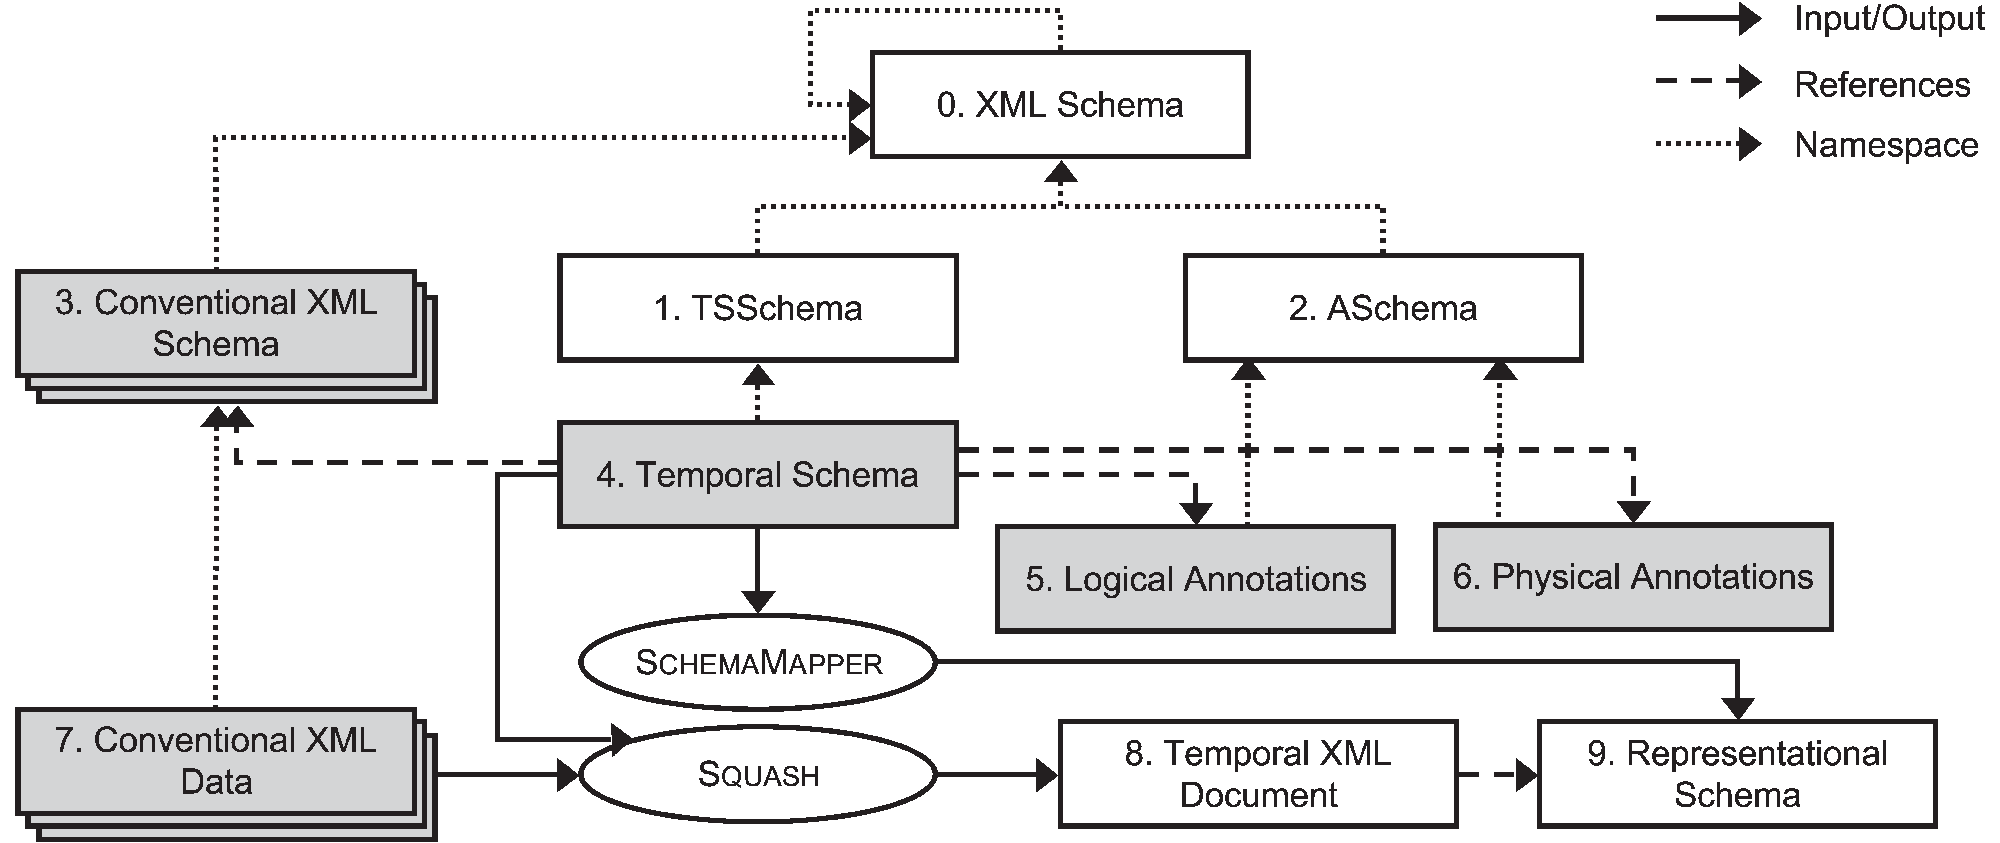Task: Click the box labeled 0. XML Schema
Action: [x=1060, y=105]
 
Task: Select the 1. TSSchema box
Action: [x=758, y=308]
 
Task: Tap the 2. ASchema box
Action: [x=1383, y=308]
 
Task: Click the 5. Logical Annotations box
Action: [x=1196, y=579]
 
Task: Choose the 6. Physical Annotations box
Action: [x=1633, y=577]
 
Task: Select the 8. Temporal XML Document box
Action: [x=1258, y=774]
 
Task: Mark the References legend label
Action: [x=1882, y=84]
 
